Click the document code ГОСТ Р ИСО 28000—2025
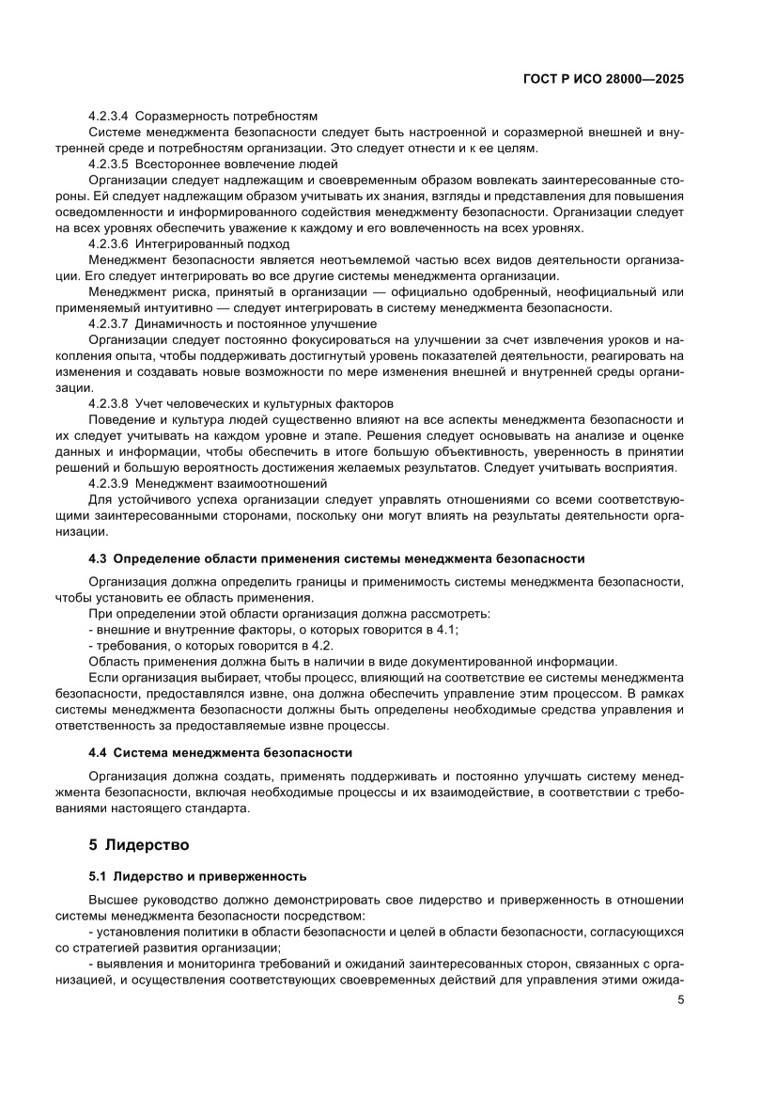pos(602,80)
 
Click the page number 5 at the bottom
pos(680,999)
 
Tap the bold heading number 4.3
pos(99,558)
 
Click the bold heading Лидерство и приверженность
pos(210,876)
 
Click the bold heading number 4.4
pos(99,752)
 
